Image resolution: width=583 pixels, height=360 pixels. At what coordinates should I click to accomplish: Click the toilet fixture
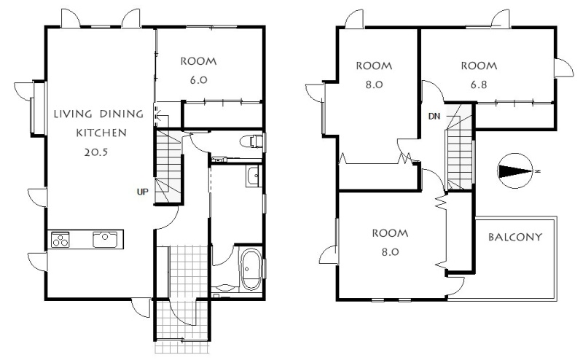click(x=251, y=141)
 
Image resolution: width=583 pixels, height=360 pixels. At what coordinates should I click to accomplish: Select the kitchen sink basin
click(x=105, y=239)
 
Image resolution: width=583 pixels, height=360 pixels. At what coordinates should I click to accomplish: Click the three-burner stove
click(x=60, y=239)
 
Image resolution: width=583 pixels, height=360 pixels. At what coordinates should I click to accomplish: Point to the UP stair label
click(x=142, y=192)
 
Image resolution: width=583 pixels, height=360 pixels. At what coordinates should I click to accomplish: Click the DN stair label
click(x=434, y=117)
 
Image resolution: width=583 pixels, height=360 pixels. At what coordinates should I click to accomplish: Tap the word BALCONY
click(x=515, y=237)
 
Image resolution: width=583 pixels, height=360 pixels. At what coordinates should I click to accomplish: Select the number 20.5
click(x=96, y=152)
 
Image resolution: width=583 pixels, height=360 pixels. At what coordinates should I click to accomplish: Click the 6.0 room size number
click(x=198, y=79)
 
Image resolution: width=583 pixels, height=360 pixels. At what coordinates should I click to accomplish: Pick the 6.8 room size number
click(x=479, y=85)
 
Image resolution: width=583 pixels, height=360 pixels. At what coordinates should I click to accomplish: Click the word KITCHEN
click(x=101, y=133)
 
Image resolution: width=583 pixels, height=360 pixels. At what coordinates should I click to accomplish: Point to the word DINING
click(x=121, y=114)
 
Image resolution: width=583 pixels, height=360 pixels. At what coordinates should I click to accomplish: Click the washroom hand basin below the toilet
click(x=254, y=175)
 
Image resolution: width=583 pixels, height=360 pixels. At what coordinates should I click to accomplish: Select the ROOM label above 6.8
click(x=479, y=66)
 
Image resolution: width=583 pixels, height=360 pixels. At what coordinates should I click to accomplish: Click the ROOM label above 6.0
click(x=198, y=61)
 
